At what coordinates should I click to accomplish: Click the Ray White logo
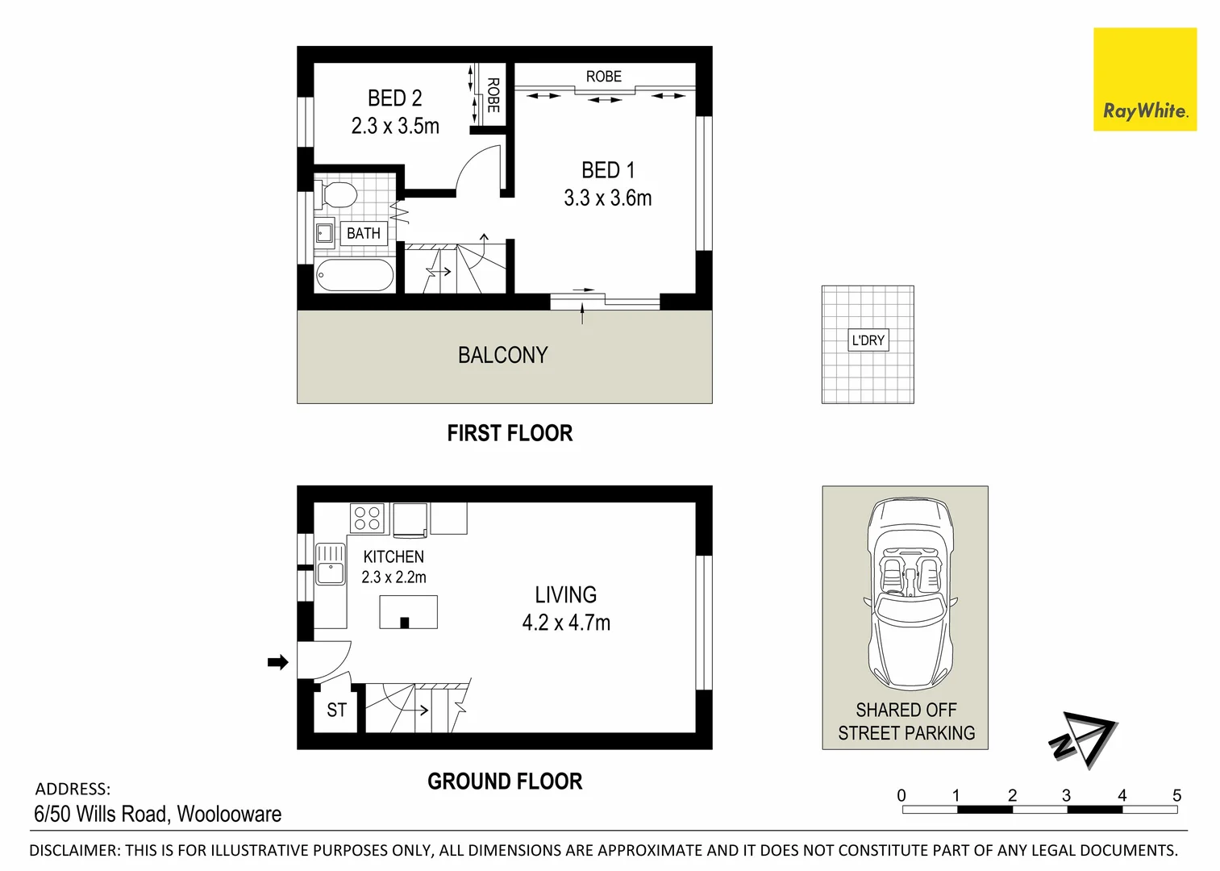pos(1144,80)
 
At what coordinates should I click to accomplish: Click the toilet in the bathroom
pos(339,195)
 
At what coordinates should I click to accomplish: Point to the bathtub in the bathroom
pos(355,275)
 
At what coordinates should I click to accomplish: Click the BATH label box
pos(363,233)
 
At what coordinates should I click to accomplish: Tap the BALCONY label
pos(502,355)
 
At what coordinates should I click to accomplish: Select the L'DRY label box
pos(868,340)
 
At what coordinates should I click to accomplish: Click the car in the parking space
pos(910,594)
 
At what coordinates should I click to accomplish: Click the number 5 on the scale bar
pos(1176,795)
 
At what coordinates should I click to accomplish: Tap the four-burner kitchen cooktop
pos(368,518)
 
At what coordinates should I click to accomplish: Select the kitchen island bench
pos(408,612)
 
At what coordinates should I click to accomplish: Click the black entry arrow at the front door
pos(277,662)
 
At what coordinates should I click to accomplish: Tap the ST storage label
pos(336,711)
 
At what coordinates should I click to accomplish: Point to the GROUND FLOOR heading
pos(505,781)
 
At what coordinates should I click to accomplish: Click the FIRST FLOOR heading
pos(510,433)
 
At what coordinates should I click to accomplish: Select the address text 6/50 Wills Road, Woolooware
pos(158,814)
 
